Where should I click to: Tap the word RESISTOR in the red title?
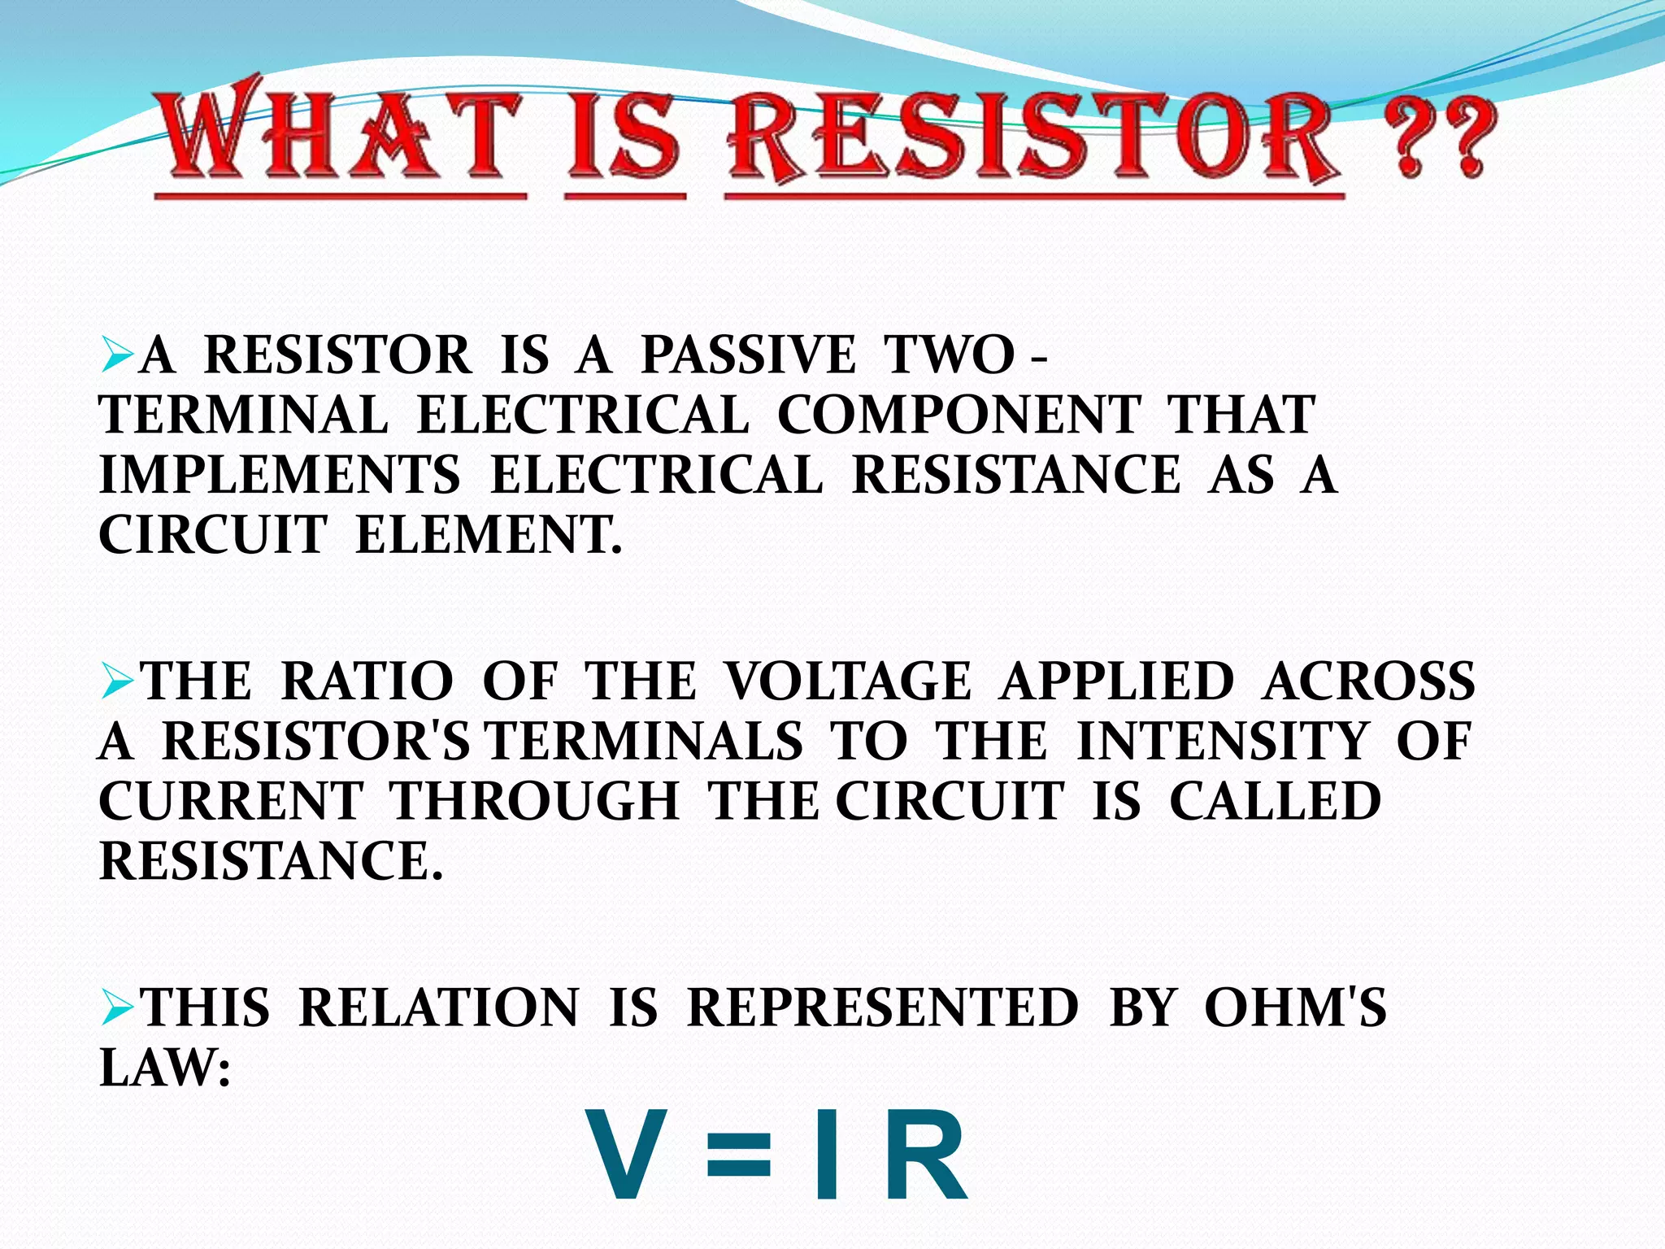pyautogui.click(x=1032, y=138)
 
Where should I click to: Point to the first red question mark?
pyautogui.click(x=1411, y=142)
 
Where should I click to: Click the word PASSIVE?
pyautogui.click(x=748, y=355)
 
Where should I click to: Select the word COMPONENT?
pyautogui.click(x=959, y=415)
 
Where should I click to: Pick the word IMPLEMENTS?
pyautogui.click(x=279, y=475)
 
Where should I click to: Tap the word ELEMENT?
pyautogui.click(x=488, y=535)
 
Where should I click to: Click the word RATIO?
pyautogui.click(x=367, y=681)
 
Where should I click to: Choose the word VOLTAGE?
pyautogui.click(x=848, y=681)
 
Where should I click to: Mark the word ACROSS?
pyautogui.click(x=1369, y=681)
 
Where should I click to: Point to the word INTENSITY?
pyautogui.click(x=1224, y=741)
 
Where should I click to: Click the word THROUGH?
pyautogui.click(x=535, y=801)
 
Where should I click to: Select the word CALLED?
pyautogui.click(x=1276, y=801)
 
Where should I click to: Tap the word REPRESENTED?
pyautogui.click(x=883, y=1007)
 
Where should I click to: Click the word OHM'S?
pyautogui.click(x=1295, y=1007)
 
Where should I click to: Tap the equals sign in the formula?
pyautogui.click(x=738, y=1155)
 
